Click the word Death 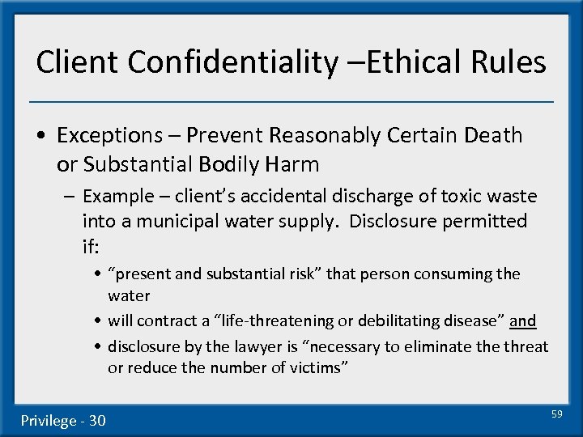point(493,135)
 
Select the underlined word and point(522,321)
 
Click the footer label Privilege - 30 point(63,420)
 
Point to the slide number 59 point(556,414)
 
